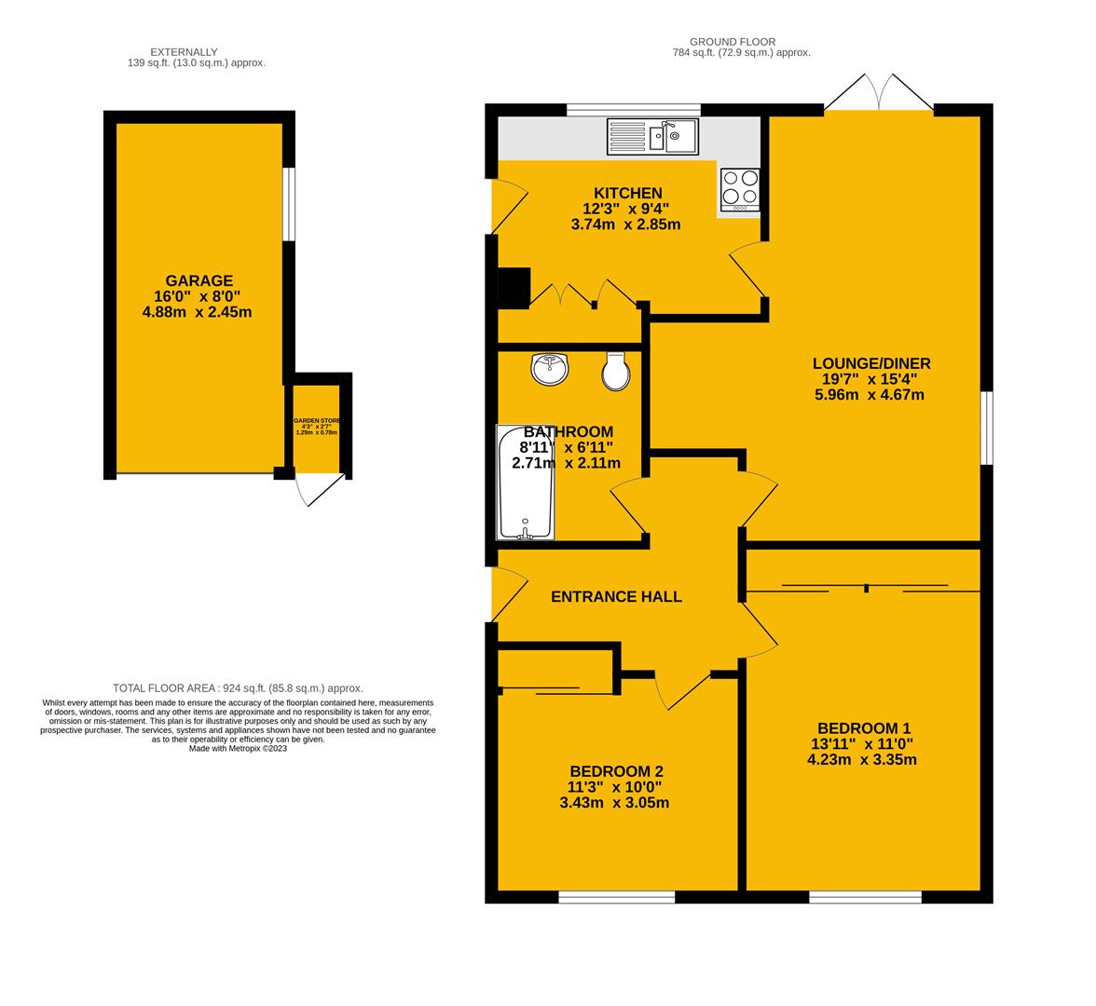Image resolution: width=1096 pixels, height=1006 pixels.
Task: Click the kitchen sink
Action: pos(652,136)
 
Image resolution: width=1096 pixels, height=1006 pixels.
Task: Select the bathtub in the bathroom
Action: pos(527,483)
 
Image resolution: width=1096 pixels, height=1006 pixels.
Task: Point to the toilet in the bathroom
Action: pos(616,372)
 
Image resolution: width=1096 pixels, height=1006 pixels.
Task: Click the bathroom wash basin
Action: pos(550,369)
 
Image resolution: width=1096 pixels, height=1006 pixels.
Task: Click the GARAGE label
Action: pos(199,280)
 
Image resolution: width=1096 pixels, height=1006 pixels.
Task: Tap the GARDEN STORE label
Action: pos(317,421)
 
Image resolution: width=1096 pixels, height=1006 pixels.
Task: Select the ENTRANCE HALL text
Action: pos(616,597)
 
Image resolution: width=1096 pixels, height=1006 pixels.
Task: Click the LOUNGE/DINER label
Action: pos(870,364)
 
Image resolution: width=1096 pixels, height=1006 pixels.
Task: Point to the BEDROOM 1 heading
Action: pos(863,728)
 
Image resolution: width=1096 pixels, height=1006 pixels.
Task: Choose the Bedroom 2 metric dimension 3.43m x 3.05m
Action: pos(614,803)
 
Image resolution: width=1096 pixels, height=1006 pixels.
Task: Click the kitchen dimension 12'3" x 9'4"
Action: pos(625,209)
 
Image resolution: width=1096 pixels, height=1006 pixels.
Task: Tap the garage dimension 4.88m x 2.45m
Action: pos(197,312)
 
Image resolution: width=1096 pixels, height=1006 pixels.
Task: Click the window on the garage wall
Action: pos(289,204)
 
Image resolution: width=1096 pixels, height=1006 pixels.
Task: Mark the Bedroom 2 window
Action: pos(616,897)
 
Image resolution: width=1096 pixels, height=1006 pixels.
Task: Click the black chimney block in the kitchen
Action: pos(514,288)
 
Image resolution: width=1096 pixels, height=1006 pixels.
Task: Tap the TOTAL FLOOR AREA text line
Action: pos(238,688)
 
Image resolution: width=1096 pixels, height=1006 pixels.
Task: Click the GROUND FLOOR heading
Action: pos(732,42)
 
